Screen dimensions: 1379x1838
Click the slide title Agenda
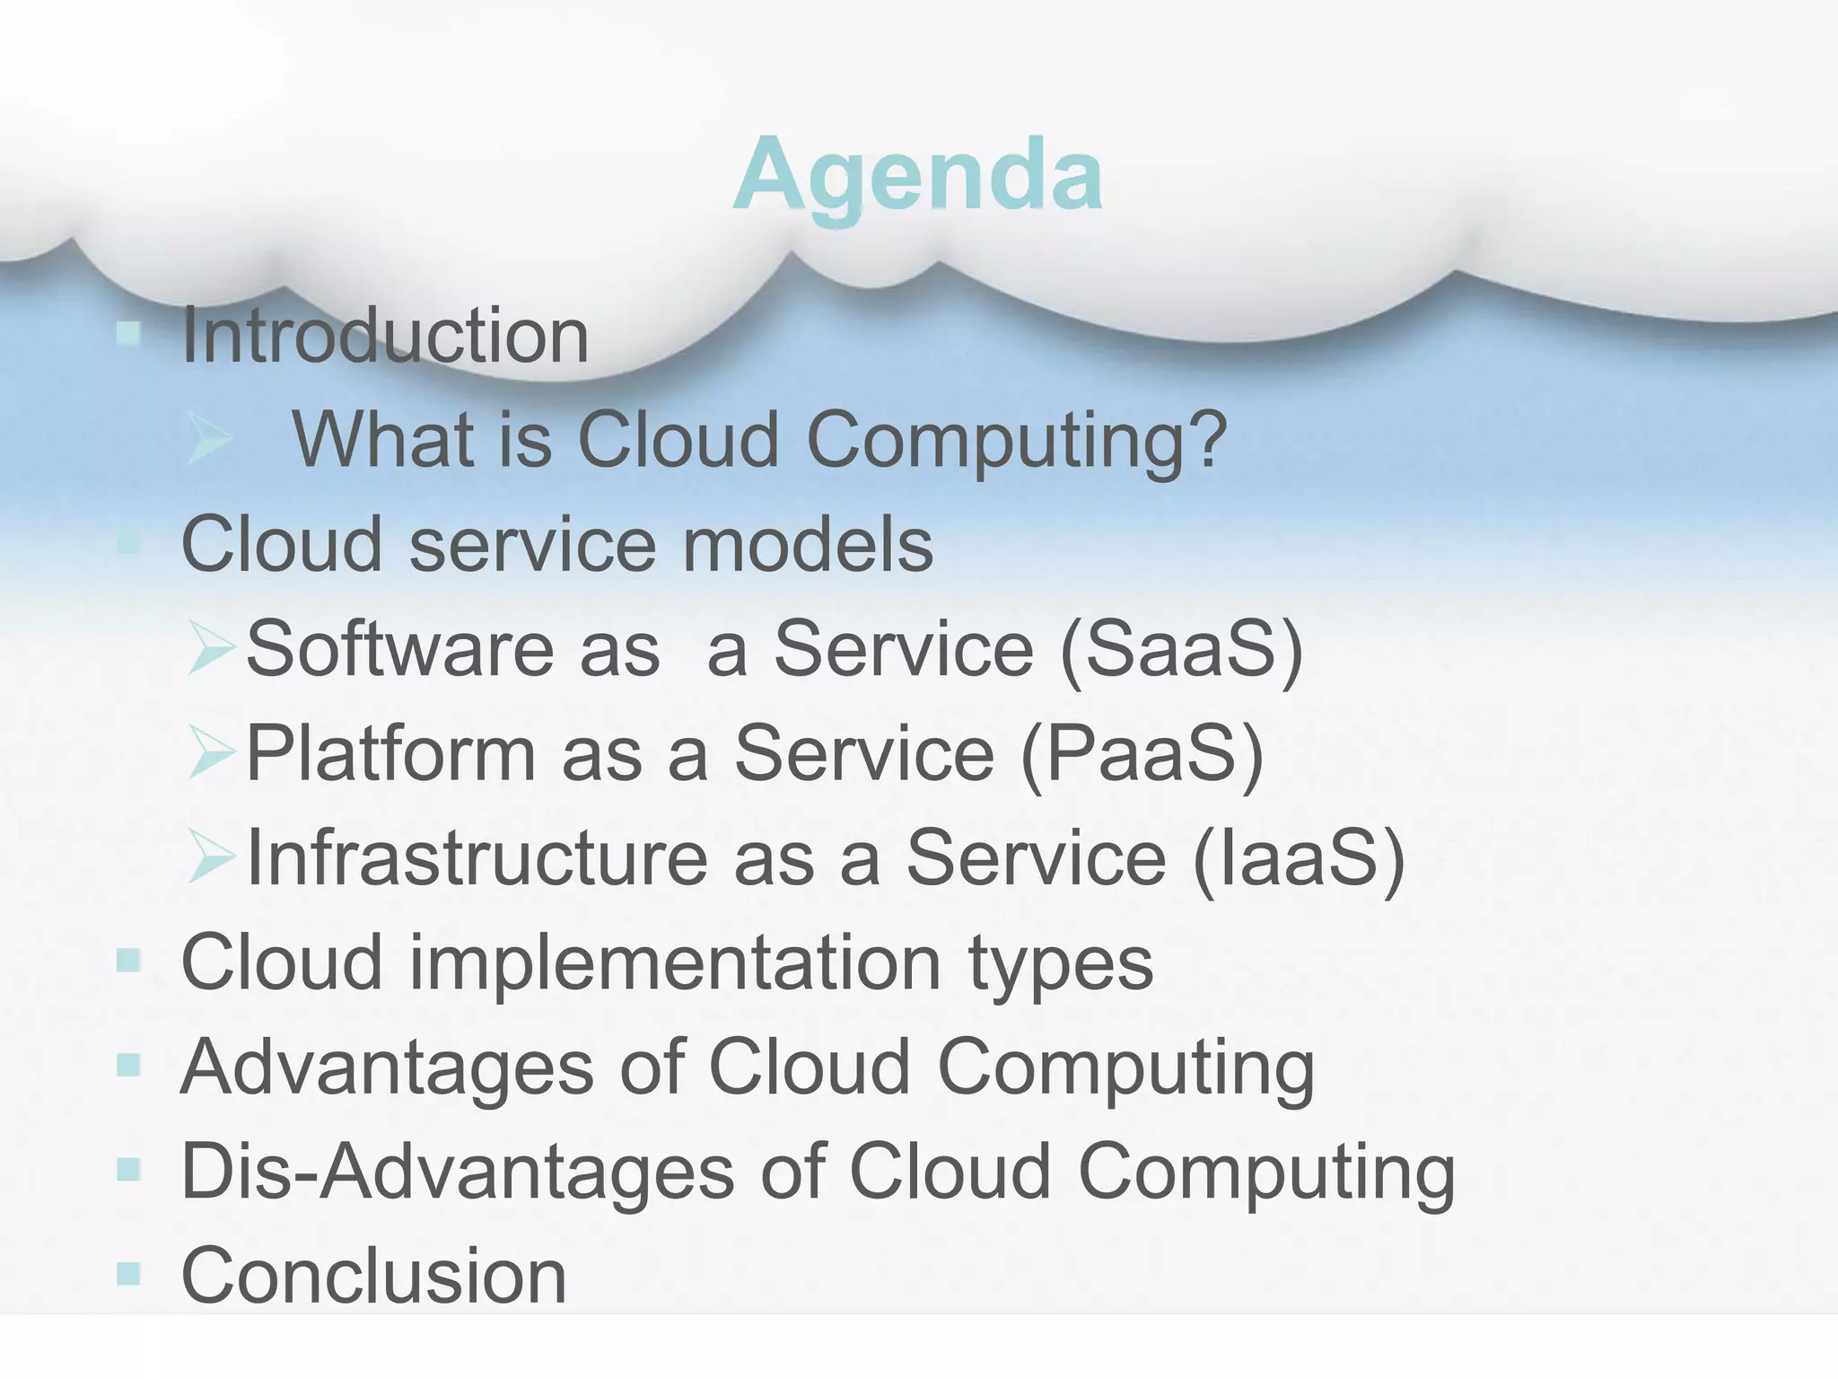pyautogui.click(x=917, y=176)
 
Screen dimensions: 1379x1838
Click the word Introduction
pyautogui.click(x=385, y=336)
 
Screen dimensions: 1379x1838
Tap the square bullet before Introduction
pyautogui.click(x=129, y=334)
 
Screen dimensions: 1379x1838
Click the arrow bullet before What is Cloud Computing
pyautogui.click(x=209, y=440)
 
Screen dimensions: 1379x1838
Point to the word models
pyautogui.click(x=807, y=545)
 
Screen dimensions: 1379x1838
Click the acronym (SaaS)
pyautogui.click(x=1181, y=649)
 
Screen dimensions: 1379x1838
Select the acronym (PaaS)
pyautogui.click(x=1142, y=754)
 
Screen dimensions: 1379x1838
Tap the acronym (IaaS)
pyautogui.click(x=1299, y=858)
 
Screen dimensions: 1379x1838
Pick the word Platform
pyautogui.click(x=390, y=753)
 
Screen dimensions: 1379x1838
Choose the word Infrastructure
pyautogui.click(x=477, y=857)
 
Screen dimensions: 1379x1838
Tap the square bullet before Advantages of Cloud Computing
pyautogui.click(x=129, y=1066)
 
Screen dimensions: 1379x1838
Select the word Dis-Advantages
pyautogui.click(x=458, y=1172)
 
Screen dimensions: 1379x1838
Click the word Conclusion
pyautogui.click(x=374, y=1276)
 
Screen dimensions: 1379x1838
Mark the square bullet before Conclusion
pyautogui.click(x=129, y=1274)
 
